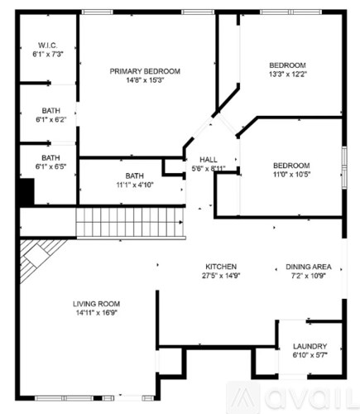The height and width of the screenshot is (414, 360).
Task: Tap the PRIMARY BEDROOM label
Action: point(145,71)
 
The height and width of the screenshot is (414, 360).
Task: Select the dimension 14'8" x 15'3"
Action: point(145,81)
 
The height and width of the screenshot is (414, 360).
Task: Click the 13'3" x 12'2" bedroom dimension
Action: point(287,75)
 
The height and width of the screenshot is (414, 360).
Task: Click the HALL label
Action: point(208,159)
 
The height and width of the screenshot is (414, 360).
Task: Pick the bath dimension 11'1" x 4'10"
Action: point(134,185)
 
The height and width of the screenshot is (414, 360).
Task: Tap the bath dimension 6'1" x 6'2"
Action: point(50,120)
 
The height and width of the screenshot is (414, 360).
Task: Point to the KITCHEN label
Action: point(221,267)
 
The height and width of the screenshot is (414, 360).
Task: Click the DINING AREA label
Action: point(309,267)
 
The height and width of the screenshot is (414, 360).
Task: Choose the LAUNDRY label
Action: point(310,346)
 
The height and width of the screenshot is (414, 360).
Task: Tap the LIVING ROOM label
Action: point(97,304)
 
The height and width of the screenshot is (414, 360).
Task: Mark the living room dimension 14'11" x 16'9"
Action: point(97,314)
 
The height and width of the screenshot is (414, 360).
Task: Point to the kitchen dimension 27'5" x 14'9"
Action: point(221,277)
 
